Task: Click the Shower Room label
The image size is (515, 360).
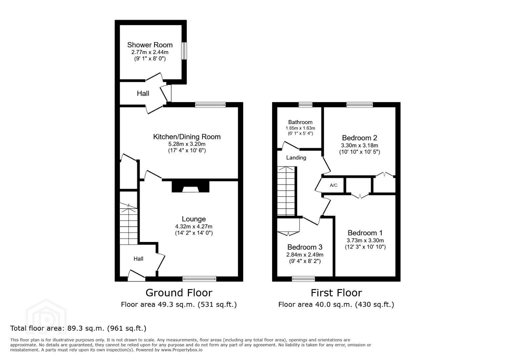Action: pos(150,45)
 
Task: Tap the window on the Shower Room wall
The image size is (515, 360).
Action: pos(184,51)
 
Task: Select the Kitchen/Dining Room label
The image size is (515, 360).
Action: pos(187,137)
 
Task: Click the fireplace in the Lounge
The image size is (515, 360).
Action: pos(190,187)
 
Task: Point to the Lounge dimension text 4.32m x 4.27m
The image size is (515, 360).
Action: pos(193,227)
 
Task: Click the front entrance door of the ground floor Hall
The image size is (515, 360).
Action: pos(136,276)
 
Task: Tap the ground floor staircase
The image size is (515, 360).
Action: pos(128,224)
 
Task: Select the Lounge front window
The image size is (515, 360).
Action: pos(199,279)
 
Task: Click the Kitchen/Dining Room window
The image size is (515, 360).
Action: pos(210,105)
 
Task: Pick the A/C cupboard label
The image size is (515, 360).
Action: pos(334,185)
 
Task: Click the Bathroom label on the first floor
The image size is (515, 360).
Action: pos(300,122)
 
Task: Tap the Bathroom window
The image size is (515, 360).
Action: pos(306,105)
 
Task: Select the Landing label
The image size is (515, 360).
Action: pos(296,158)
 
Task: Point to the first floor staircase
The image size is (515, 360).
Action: pos(286,191)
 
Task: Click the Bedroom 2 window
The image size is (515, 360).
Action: pos(360,105)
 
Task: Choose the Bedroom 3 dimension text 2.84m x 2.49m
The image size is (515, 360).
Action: pos(305,255)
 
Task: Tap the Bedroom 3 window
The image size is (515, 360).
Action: pos(303,279)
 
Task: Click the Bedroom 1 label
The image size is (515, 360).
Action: pos(365,233)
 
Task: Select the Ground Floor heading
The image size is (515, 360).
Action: pos(179,293)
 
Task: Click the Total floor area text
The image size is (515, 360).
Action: pos(78,328)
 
